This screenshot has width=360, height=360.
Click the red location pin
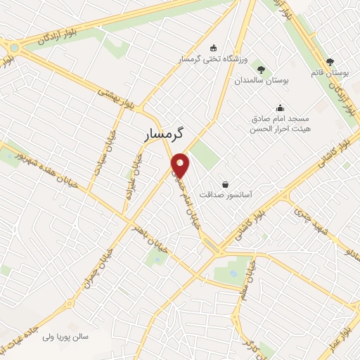(x=181, y=165)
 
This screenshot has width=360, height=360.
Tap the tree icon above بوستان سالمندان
(x=262, y=70)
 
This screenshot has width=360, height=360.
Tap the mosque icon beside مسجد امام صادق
(x=281, y=108)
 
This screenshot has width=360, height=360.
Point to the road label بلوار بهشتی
(x=117, y=98)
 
